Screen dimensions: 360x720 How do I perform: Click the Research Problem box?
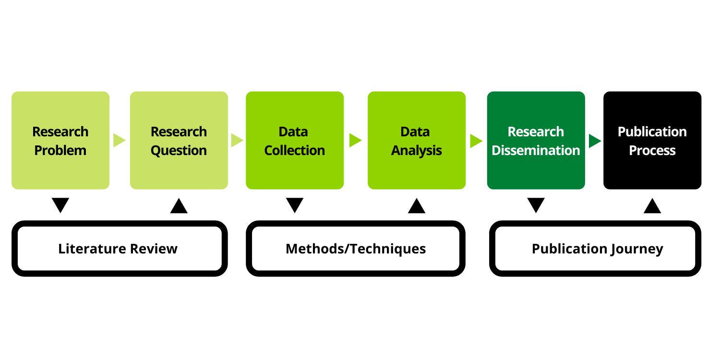(x=60, y=140)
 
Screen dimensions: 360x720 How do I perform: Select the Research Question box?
(x=179, y=140)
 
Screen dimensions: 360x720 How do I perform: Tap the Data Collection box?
(x=295, y=140)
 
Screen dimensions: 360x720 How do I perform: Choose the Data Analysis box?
(x=417, y=140)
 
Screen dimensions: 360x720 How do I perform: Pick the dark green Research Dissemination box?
(x=536, y=140)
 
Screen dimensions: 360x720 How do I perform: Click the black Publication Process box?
(x=652, y=140)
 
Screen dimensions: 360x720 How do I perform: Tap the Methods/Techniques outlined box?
(x=356, y=249)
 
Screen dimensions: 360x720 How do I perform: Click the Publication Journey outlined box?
(x=595, y=249)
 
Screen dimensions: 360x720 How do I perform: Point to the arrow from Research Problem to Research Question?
(x=119, y=140)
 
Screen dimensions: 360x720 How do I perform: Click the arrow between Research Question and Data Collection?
(x=237, y=140)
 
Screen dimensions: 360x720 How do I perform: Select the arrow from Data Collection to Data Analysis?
(x=355, y=140)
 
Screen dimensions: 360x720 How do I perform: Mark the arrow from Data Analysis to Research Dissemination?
(x=476, y=141)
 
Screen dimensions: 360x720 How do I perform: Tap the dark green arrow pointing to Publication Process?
(x=595, y=141)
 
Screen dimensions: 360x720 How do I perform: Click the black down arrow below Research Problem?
(x=60, y=205)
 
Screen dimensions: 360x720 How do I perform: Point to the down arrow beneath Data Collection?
(x=295, y=205)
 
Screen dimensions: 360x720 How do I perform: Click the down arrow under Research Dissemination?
(x=536, y=205)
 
